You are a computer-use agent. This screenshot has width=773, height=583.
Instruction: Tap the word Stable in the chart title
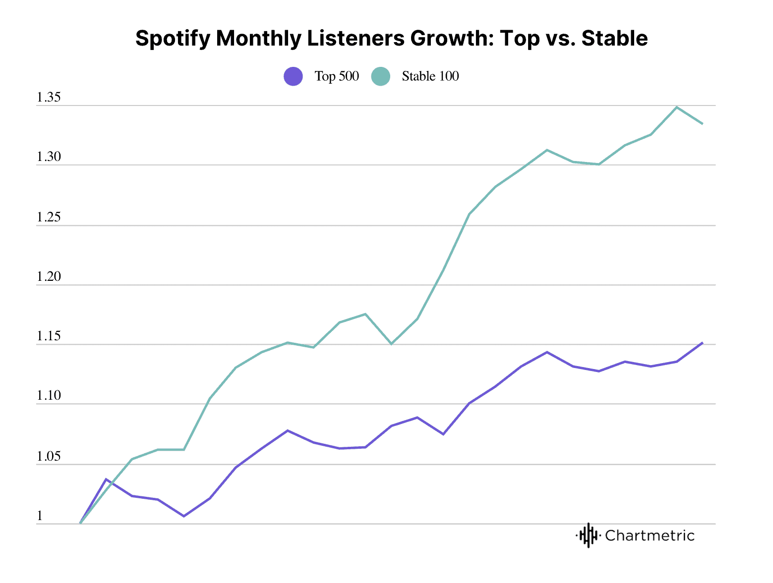[614, 39]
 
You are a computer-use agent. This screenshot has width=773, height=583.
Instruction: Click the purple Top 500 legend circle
[293, 76]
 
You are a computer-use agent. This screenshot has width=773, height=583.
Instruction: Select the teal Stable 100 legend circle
[380, 76]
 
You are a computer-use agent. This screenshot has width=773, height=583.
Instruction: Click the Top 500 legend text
[337, 76]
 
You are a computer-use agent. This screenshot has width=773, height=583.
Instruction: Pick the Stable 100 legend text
[430, 76]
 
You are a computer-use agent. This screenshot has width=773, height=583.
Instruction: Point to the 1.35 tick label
[49, 98]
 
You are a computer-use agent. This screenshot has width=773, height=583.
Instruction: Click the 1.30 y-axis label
[49, 157]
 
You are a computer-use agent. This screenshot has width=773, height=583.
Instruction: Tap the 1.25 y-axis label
[49, 217]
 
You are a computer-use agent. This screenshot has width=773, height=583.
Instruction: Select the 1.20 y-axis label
[49, 277]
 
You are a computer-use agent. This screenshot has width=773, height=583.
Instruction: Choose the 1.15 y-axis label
[49, 336]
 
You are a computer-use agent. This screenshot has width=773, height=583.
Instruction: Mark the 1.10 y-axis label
[49, 396]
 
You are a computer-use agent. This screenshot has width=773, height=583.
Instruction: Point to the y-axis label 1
[40, 516]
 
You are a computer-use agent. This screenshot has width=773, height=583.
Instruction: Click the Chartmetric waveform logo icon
[588, 535]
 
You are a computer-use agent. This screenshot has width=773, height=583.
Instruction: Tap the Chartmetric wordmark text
[650, 535]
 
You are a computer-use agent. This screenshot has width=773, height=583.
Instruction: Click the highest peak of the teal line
[677, 107]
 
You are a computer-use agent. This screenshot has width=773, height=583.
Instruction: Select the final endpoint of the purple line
[702, 343]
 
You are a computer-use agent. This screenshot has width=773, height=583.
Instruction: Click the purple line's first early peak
[106, 479]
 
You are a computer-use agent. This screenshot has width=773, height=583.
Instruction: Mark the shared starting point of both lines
[80, 523]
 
